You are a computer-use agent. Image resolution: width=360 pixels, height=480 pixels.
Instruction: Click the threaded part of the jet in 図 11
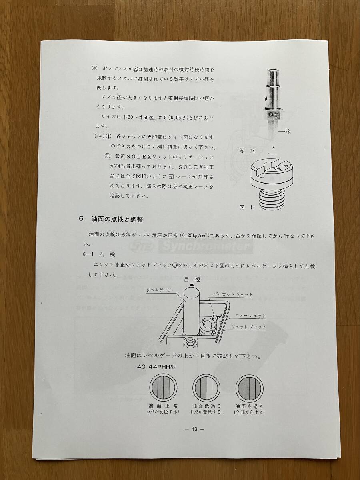click(274, 198)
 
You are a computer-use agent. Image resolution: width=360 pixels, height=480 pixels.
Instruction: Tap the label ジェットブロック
click(248, 326)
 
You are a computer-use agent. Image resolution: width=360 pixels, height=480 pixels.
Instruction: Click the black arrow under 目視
click(192, 286)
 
